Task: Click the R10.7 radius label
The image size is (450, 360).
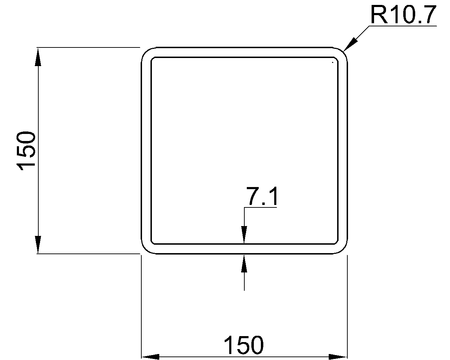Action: [403, 15]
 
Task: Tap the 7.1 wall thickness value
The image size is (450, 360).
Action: [262, 196]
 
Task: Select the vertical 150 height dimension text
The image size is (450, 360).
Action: [26, 151]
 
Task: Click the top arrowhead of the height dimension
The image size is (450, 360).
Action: [38, 57]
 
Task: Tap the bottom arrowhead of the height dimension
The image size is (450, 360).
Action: [38, 245]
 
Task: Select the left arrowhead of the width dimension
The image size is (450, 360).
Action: [150, 356]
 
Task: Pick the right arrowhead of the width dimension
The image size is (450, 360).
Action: [338, 356]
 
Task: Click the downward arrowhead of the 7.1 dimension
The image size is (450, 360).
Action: [244, 235]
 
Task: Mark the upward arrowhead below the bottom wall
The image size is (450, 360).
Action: [244, 264]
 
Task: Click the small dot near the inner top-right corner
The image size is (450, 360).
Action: [333, 62]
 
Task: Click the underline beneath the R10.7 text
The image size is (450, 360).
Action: [403, 26]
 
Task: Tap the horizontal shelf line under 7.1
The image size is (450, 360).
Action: [261, 207]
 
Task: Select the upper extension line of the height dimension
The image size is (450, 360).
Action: [89, 48]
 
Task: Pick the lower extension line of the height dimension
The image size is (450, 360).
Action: [89, 254]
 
